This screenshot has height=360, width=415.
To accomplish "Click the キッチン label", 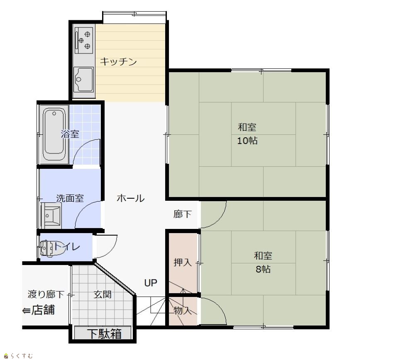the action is coord(118,62).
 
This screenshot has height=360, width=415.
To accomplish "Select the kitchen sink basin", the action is coord(84,79).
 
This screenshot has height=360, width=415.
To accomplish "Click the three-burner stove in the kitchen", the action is coord(84,40).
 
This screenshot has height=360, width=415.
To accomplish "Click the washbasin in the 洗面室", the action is coord(51,216).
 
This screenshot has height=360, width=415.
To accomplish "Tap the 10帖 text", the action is coord(247,141).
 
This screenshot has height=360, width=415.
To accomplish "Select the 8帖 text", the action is coord(263,269).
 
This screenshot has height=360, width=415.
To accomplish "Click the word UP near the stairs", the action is coord(151,283).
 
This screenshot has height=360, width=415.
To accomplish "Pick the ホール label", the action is coord(130,198).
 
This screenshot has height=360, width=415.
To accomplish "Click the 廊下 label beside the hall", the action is coord(182,214).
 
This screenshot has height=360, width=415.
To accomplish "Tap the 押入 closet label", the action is coord(183,263).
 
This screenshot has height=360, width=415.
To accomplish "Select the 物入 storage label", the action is coord(183,310).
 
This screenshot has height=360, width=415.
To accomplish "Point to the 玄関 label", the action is coord(103,294).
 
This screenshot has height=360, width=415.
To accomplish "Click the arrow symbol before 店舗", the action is coord(27,311).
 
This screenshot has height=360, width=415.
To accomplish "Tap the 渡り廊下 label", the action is coord(46,294).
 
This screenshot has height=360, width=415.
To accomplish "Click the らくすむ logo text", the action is coord(22,356).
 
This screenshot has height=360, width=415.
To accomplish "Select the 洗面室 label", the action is coord(70,198).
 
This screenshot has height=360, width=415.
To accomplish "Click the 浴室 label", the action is coord(70,134).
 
